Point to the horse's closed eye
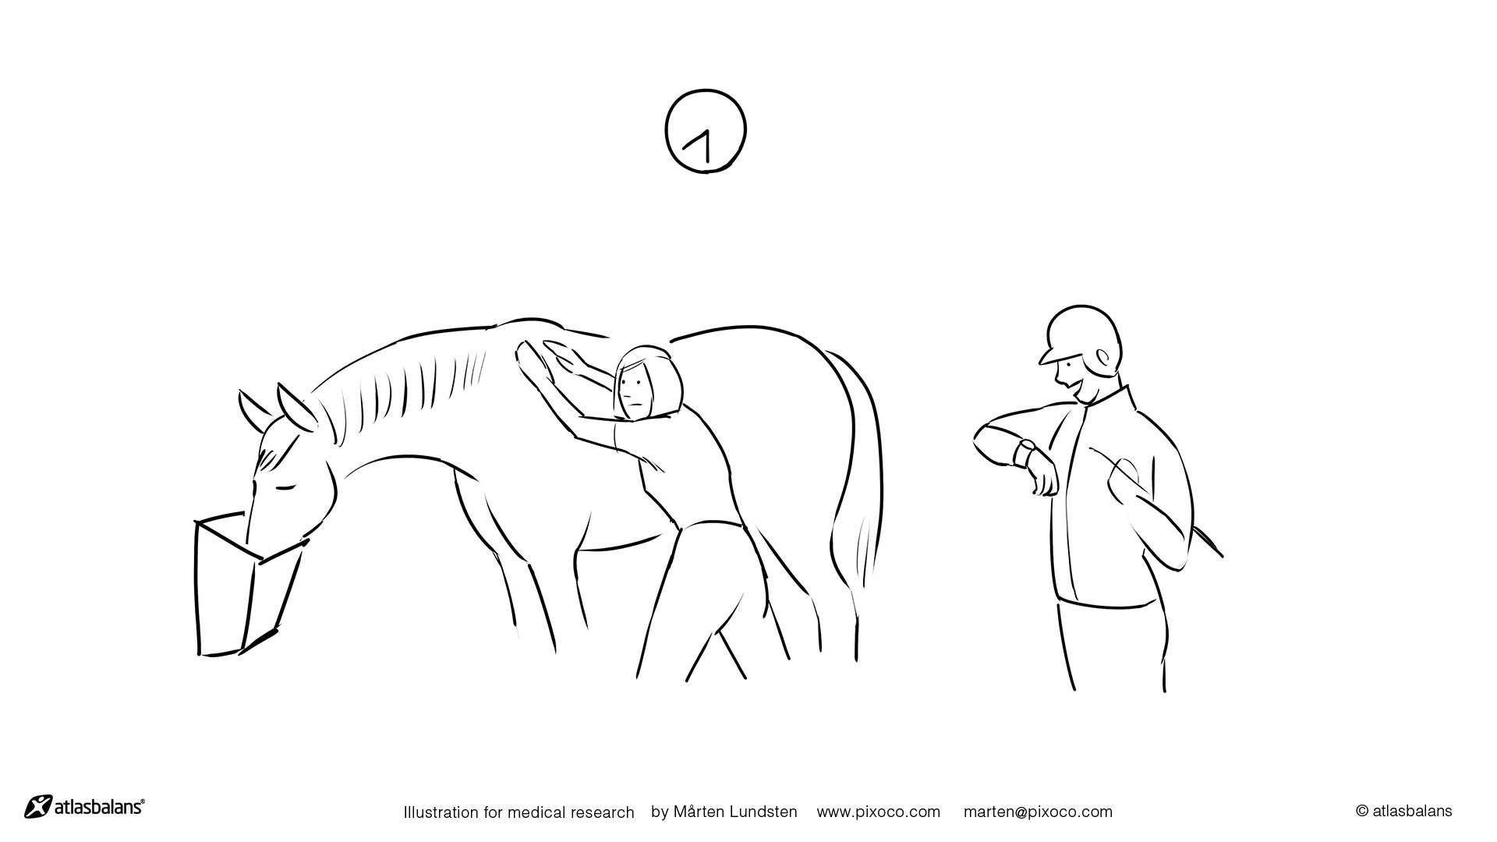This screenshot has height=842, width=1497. pyautogui.click(x=285, y=488)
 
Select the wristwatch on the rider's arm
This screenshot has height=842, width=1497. pyautogui.click(x=1025, y=452)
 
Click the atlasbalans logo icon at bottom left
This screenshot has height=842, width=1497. pyautogui.click(x=38, y=806)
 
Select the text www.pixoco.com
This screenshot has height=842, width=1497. pyautogui.click(x=878, y=812)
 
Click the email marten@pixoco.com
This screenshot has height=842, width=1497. pyautogui.click(x=1038, y=812)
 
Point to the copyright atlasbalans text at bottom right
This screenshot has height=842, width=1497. pyautogui.click(x=1403, y=811)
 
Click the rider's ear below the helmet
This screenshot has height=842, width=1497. pyautogui.click(x=1103, y=359)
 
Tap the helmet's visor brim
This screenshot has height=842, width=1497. pyautogui.click(x=1050, y=356)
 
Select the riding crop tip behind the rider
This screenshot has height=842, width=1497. pyautogui.click(x=1221, y=556)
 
